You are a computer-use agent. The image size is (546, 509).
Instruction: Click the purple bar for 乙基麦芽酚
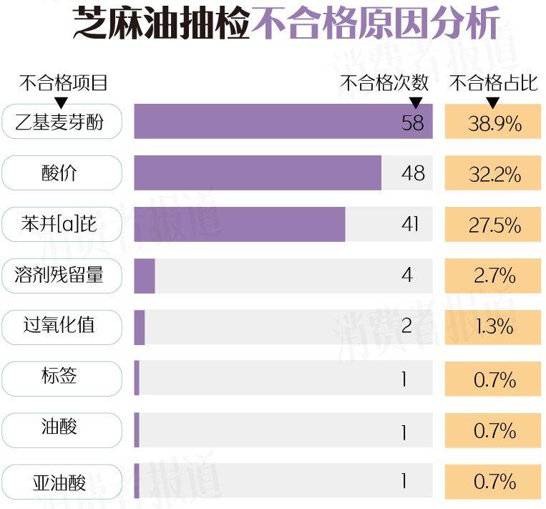tap(283, 122)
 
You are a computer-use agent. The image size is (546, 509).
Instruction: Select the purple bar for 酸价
tap(258, 173)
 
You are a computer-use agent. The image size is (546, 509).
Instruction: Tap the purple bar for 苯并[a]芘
tap(240, 225)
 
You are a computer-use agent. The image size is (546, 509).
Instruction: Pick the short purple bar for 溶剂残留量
tap(145, 276)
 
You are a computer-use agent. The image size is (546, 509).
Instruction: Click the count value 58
tap(412, 122)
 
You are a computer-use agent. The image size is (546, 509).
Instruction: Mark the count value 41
tap(410, 225)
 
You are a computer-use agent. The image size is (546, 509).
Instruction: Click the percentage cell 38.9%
tap(494, 122)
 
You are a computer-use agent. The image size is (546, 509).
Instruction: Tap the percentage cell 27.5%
tap(494, 225)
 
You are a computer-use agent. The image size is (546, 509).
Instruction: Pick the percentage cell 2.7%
tap(494, 276)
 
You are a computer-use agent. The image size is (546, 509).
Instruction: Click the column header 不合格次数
tap(384, 83)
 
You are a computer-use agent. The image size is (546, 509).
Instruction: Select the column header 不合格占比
tap(493, 83)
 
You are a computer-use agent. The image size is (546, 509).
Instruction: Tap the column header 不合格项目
tap(63, 83)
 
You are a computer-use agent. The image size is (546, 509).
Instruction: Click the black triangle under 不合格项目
tap(62, 102)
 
